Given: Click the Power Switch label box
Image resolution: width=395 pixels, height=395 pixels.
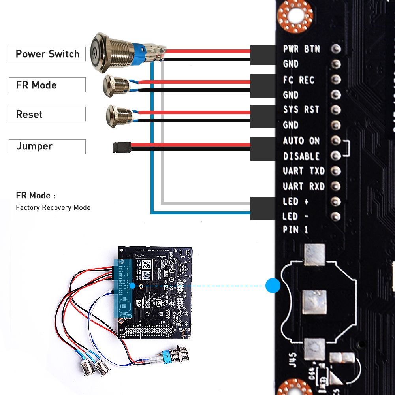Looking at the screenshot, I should point(47,54).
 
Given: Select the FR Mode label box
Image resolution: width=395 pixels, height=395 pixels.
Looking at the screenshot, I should point(47,85).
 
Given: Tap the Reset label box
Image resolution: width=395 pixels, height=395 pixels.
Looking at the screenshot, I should point(47,114).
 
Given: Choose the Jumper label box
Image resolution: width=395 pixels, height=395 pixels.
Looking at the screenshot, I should point(47,147).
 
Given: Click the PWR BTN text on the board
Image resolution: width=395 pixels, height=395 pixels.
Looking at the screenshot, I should point(301,49).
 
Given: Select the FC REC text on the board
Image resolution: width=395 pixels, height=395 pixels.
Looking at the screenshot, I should point(299,80).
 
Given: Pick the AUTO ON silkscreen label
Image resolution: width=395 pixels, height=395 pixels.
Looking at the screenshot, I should point(301,141).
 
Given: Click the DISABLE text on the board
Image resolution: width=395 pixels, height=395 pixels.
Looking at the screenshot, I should point(301,156).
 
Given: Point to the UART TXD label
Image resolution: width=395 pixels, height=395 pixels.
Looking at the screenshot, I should point(303,171).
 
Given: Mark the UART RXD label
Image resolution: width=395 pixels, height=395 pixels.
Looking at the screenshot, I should point(303,186).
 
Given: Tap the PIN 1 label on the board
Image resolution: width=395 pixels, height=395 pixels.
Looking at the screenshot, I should point(295,229).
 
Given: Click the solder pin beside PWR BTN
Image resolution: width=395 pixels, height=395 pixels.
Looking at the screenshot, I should point(336,49).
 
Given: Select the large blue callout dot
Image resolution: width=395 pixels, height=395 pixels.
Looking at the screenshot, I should point(273,285).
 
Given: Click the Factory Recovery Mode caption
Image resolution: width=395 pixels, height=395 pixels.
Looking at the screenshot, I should point(53,207).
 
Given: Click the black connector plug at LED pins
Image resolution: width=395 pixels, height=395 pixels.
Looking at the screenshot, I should point(263,207).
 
